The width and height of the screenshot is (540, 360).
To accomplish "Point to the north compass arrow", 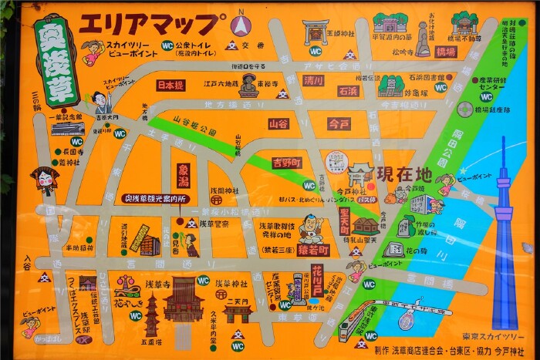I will coord(241,24).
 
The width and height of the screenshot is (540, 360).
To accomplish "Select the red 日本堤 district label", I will coord(170,85).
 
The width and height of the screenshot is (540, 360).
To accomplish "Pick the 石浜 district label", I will coord(348,91).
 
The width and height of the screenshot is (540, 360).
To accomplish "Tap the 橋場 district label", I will coord(446,52).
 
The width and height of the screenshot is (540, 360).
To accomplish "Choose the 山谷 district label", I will coord(278,123).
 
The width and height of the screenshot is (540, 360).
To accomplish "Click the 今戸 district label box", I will coord(339,123).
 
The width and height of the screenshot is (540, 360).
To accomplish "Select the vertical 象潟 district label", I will coord(184,176).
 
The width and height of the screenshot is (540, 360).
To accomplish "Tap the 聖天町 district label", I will coord(344,219).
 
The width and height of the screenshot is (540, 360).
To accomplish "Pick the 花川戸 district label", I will coord(316,279).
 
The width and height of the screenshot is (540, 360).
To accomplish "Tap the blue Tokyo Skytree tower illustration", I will coord(504,231).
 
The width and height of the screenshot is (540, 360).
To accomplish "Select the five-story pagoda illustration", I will coord(151,315).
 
